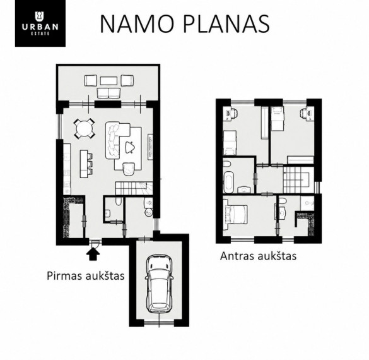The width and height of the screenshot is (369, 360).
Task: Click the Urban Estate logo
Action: point(40,23)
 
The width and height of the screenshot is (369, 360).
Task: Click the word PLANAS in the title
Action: point(226,24)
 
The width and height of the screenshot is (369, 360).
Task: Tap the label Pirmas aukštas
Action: point(86,276)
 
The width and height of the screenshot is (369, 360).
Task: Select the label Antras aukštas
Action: point(258,256)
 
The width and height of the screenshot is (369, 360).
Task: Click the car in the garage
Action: point(159,284)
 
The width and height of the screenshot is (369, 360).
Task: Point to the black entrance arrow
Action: point(93,255)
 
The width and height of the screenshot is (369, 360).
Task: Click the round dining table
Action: point(85,129)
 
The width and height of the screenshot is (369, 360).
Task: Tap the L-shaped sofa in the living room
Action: point(117,140)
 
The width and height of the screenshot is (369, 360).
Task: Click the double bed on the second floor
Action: point(235,214)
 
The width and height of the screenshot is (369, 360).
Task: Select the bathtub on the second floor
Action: point(228,181)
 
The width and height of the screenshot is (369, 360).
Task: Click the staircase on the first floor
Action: point(134,188)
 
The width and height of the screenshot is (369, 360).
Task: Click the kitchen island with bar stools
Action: point(86,164)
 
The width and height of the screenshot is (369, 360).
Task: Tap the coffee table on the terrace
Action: point(108,81)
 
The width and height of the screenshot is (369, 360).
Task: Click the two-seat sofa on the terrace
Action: point(108,93)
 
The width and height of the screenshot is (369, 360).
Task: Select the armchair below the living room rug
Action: point(129,169)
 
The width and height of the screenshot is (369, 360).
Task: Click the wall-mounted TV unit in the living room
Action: point(150,147)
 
